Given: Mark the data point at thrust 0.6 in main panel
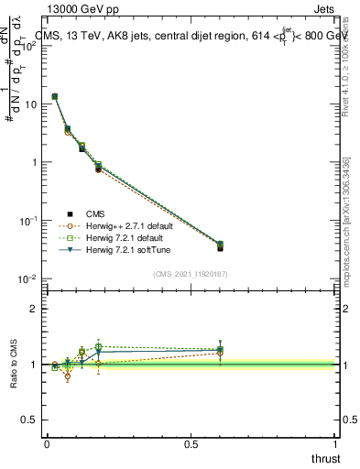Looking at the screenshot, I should point(219,245).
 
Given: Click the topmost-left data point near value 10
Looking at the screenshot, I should point(55,96).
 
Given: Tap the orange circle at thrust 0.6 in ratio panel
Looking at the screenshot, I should point(219,353).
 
